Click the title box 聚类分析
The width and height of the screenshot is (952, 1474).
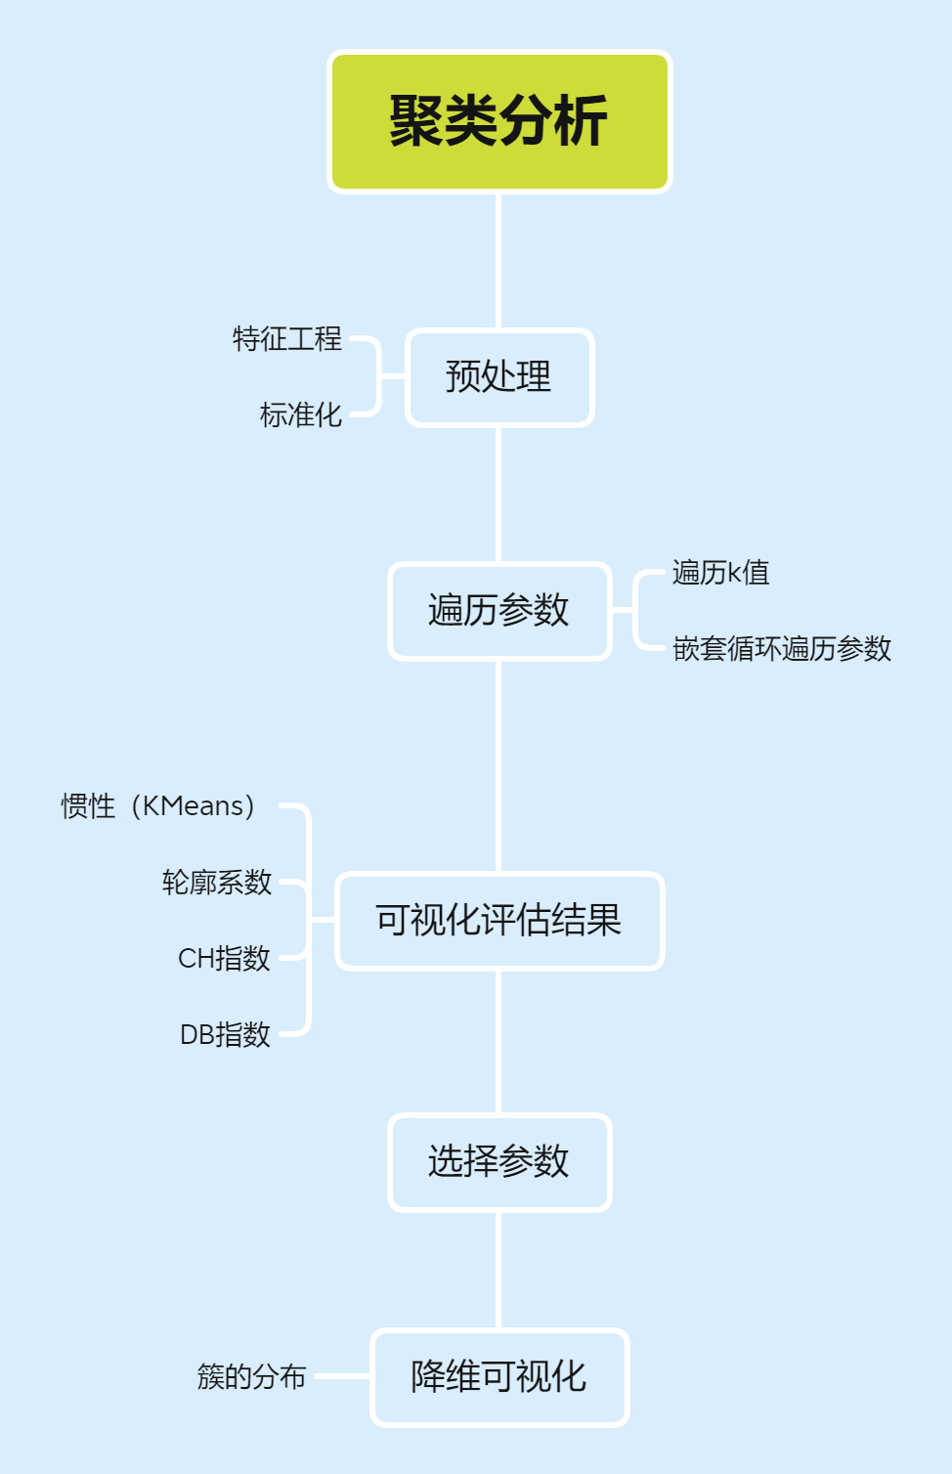click(x=499, y=121)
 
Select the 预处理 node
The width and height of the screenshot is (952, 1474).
click(x=499, y=377)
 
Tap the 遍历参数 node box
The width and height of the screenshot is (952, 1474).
click(x=499, y=611)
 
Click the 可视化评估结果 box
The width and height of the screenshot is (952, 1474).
click(x=499, y=921)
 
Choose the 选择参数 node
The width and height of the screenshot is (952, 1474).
click(x=499, y=1162)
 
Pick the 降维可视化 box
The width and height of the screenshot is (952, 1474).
click(x=499, y=1377)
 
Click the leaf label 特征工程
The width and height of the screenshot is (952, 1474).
click(x=287, y=339)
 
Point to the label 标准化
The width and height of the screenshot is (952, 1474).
click(x=301, y=415)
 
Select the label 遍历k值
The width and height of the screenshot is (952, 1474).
click(x=721, y=573)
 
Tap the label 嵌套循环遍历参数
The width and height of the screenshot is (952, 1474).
click(x=782, y=649)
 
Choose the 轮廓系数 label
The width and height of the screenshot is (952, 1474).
click(x=217, y=883)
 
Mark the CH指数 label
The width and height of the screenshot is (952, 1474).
click(x=224, y=959)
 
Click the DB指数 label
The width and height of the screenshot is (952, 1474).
click(x=225, y=1035)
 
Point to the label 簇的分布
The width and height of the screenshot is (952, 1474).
click(x=252, y=1377)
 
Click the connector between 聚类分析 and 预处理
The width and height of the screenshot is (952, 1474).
click(x=499, y=261)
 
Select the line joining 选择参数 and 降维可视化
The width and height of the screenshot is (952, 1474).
click(x=499, y=1271)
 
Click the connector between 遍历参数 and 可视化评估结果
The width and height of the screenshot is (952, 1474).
click(x=499, y=766)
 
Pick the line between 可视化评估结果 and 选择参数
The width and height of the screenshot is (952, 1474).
click(x=499, y=1042)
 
